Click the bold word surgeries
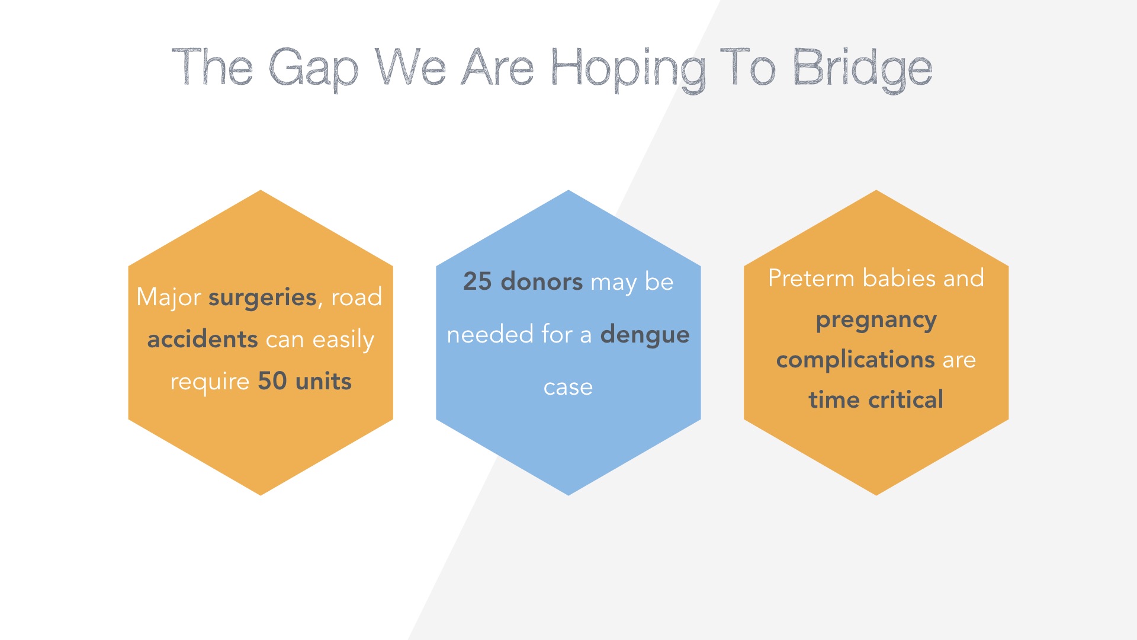tap(263, 297)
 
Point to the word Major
tap(169, 297)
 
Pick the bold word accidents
tap(203, 340)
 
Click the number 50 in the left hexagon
tap(272, 381)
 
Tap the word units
tap(323, 381)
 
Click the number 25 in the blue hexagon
tap(477, 281)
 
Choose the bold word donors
tap(542, 281)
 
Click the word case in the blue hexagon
tap(568, 388)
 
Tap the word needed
tap(490, 334)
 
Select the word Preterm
tap(811, 279)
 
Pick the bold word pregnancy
tap(876, 321)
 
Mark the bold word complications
tap(856, 360)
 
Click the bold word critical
tap(905, 399)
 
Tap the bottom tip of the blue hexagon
tap(568, 495)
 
